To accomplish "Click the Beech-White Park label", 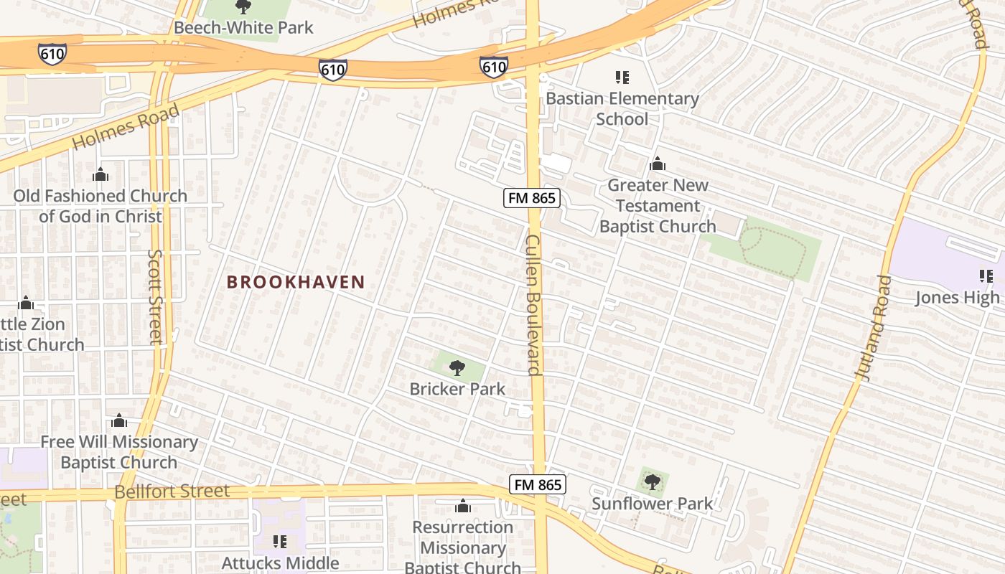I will point(243,28).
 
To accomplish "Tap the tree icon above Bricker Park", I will point(457,369).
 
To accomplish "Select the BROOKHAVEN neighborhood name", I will point(296,282).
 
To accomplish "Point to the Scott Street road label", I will point(156,296).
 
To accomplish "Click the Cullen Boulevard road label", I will point(533,304).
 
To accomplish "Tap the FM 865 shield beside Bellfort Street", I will point(538,484).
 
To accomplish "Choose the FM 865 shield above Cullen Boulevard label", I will point(531,198).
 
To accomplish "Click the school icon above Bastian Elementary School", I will point(622,77).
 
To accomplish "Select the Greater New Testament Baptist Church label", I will point(658,206).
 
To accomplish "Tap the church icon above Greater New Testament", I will point(658,164).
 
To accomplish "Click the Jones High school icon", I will point(986,276).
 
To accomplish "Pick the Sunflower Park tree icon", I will point(652,481).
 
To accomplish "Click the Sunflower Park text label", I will point(652,504).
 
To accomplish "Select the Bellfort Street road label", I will point(172,491).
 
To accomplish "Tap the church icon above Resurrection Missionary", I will point(463,507).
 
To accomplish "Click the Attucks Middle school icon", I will point(279,541).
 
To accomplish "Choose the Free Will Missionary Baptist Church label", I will point(118,452).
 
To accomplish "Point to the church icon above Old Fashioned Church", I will point(100,174).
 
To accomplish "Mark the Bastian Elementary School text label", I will point(622,108).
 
